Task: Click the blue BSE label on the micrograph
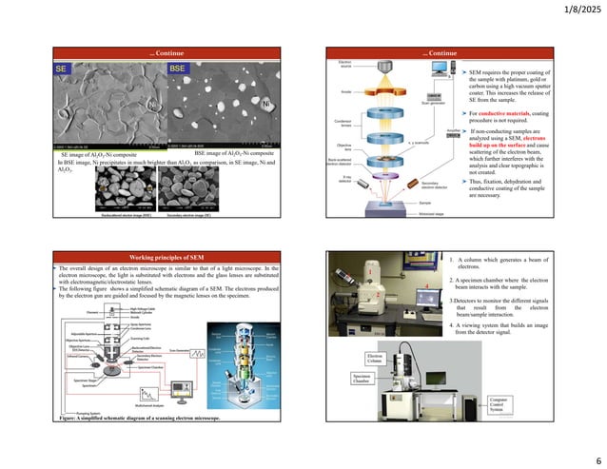[x=178, y=69]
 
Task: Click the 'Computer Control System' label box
[x=499, y=405]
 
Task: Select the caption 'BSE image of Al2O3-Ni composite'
[x=234, y=153]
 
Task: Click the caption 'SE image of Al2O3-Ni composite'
[x=102, y=153]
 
